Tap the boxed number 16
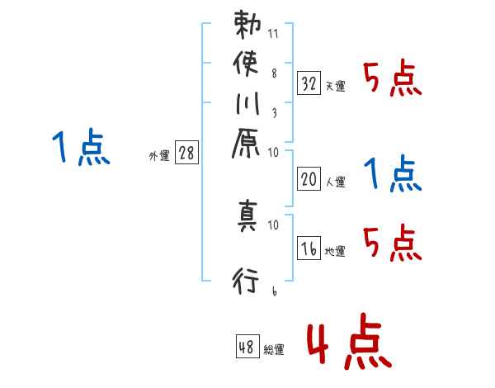click(x=309, y=249)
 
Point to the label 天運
click(x=335, y=86)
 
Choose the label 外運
click(x=158, y=154)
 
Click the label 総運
click(x=274, y=349)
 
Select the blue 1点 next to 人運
click(x=392, y=173)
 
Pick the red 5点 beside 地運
click(x=392, y=244)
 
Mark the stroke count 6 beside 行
click(x=273, y=291)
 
